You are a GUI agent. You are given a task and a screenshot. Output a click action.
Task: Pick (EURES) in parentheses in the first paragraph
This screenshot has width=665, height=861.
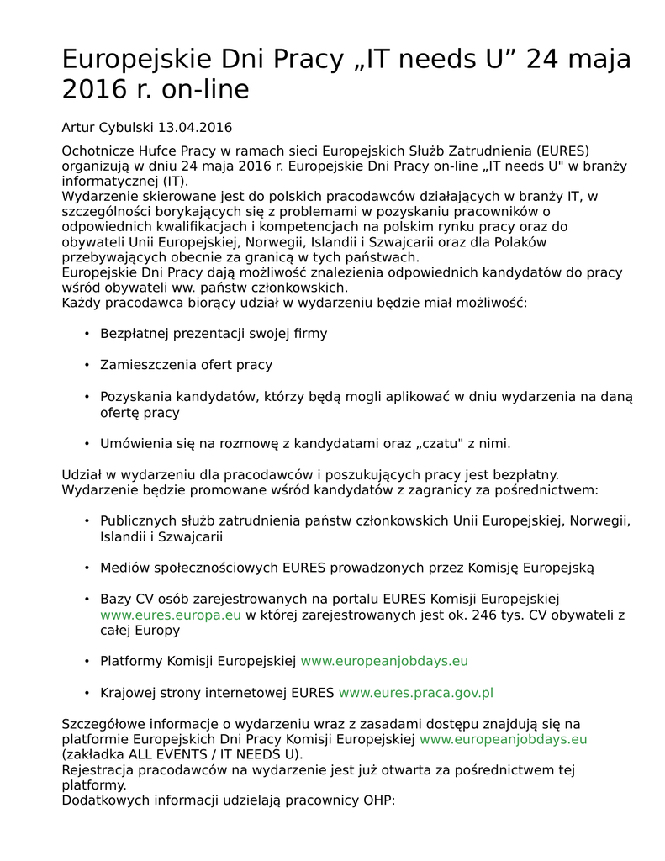(560, 151)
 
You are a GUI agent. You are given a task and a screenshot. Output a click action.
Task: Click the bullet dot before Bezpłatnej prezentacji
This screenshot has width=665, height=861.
(87, 334)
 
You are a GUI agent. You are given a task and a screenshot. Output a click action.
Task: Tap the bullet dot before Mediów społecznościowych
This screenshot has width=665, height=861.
(87, 568)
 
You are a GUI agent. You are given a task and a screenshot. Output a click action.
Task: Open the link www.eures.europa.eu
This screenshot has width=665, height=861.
(171, 615)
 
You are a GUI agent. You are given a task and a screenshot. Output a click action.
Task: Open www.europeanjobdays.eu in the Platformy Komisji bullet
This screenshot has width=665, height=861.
(384, 661)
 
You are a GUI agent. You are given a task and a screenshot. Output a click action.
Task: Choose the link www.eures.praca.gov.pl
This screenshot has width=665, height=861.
(415, 693)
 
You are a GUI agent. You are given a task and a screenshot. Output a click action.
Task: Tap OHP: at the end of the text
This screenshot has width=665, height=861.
(377, 800)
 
